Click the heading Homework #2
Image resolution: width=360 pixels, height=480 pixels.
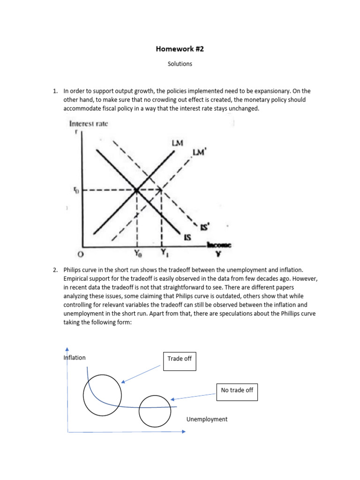tap(180, 49)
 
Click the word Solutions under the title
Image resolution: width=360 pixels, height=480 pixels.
tap(180, 64)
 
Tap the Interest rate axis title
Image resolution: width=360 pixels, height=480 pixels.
tap(89, 124)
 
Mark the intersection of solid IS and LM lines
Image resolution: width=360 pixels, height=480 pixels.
tap(136, 190)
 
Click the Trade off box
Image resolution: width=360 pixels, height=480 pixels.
tap(180, 361)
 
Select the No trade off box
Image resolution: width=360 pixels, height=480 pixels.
tap(237, 390)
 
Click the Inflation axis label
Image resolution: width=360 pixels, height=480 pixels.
tap(75, 358)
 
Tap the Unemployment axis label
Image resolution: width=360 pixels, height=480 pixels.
tap(207, 419)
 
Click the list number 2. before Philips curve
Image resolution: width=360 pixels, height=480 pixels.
tap(55, 270)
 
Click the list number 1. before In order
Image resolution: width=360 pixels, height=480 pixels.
tap(55, 91)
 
